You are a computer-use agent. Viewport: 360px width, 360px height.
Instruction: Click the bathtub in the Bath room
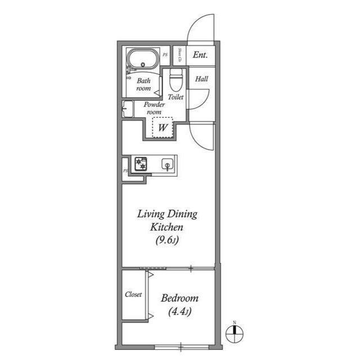click(x=143, y=59)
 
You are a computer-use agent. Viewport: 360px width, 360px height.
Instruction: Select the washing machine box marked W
click(x=163, y=128)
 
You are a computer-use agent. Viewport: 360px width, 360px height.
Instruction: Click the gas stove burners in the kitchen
click(x=139, y=164)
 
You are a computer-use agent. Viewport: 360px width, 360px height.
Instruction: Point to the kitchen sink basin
click(x=167, y=165)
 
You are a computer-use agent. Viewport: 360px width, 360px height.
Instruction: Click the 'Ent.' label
click(x=200, y=55)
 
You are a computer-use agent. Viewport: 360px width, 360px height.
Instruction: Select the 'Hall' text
click(x=201, y=79)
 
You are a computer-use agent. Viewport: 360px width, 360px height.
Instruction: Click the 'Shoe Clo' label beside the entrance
click(x=179, y=55)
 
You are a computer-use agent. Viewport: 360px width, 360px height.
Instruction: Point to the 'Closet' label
click(x=133, y=295)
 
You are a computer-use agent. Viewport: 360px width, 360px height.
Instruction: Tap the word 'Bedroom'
click(x=179, y=298)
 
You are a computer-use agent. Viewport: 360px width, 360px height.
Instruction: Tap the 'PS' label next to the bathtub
click(x=165, y=55)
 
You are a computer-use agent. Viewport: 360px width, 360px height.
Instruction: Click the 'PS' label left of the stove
click(x=125, y=169)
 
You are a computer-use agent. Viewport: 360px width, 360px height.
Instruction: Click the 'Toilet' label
click(x=176, y=97)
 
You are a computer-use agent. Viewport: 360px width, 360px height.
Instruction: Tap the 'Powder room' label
click(x=153, y=109)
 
